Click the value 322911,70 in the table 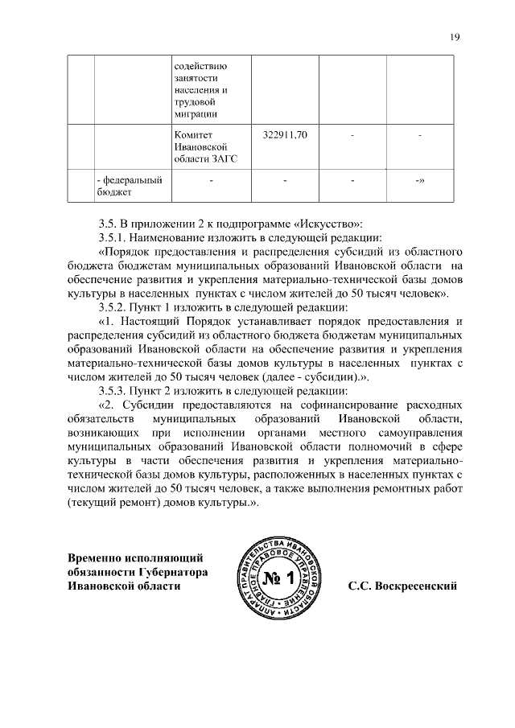pyautogui.click(x=286, y=134)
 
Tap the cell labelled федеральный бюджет pyautogui.click(x=129, y=186)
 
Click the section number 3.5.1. pyautogui.click(x=113, y=238)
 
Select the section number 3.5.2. pyautogui.click(x=113, y=307)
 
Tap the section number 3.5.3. pyautogui.click(x=113, y=390)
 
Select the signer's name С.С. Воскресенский pyautogui.click(x=402, y=586)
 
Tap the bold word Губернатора pyautogui.click(x=171, y=572)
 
